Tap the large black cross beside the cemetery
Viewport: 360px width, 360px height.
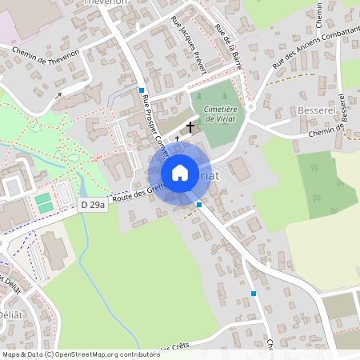190,126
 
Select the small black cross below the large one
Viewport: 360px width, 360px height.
178,138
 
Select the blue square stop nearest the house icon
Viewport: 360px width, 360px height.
198,205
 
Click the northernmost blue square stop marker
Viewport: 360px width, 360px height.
141,90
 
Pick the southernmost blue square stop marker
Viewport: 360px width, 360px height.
254,294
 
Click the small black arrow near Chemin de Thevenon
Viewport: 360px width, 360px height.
58,96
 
